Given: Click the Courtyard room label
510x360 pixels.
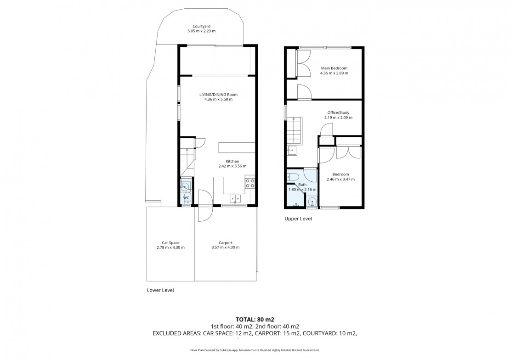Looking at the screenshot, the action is click(x=201, y=26).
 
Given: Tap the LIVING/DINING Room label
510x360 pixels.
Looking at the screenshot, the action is click(x=219, y=95).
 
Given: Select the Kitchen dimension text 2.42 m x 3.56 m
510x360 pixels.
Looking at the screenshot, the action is click(x=232, y=166).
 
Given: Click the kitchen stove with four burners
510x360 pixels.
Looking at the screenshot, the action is click(x=250, y=183).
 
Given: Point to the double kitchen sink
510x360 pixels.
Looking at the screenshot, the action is click(x=235, y=198).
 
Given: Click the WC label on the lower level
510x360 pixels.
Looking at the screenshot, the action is click(x=186, y=198).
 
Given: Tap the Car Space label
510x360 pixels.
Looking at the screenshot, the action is click(x=171, y=242).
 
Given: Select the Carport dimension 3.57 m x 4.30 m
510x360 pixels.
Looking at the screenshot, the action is click(x=226, y=247).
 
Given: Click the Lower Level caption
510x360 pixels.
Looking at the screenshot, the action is click(x=160, y=290).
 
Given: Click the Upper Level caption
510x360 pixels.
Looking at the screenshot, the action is click(x=298, y=219).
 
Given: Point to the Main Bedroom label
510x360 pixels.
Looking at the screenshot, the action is click(x=334, y=68).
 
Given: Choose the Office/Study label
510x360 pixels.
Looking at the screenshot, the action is click(x=338, y=112).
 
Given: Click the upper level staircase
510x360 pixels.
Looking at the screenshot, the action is click(x=295, y=130).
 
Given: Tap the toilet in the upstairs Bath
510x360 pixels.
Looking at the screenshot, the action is click(x=293, y=177).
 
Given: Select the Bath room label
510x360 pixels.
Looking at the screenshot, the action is click(x=302, y=185).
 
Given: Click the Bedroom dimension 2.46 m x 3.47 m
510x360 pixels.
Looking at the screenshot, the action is click(x=340, y=179).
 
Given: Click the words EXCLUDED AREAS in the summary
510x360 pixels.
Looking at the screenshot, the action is click(x=177, y=333).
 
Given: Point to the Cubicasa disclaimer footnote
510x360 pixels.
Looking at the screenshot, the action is click(x=255, y=350).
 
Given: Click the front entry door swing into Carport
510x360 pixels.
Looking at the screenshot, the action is click(x=205, y=214).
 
